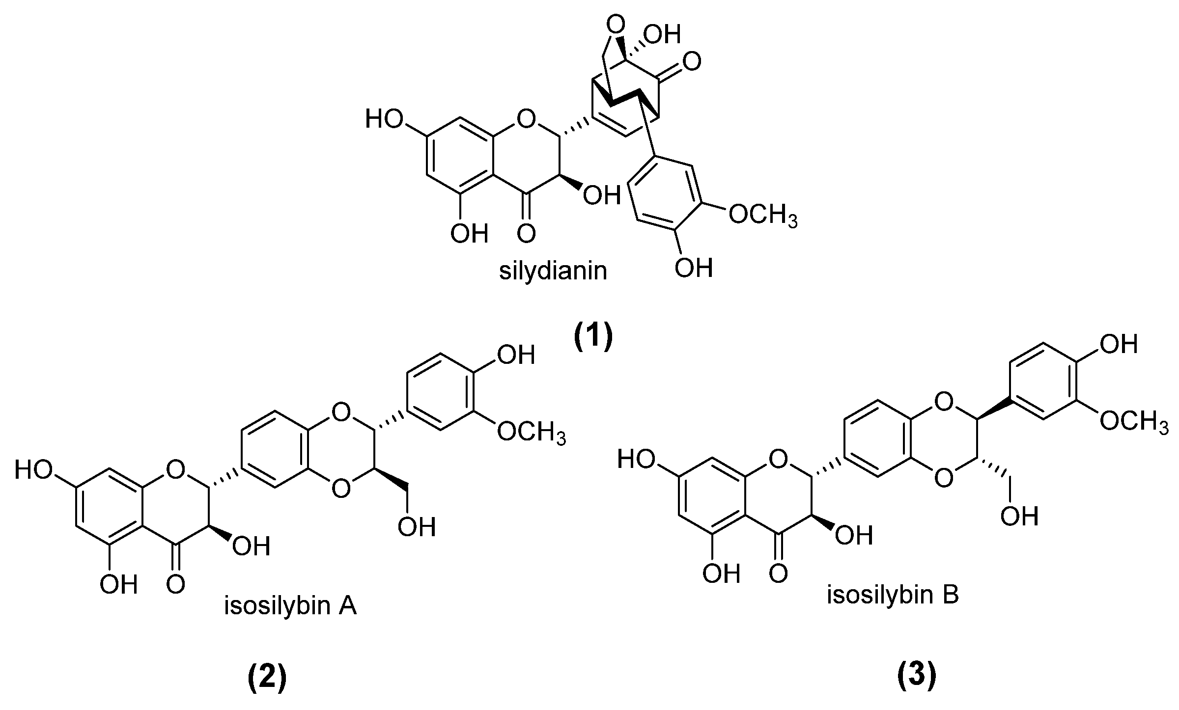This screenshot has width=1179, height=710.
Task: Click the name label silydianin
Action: pyautogui.click(x=553, y=271)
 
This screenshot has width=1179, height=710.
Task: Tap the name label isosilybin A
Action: pyautogui.click(x=290, y=606)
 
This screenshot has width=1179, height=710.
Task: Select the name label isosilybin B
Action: pyautogui.click(x=893, y=595)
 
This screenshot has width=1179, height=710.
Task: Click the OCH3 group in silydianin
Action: pyautogui.click(x=762, y=215)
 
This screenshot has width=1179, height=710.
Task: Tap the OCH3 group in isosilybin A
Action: pyautogui.click(x=532, y=433)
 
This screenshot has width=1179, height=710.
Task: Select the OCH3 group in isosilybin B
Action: pyautogui.click(x=1133, y=421)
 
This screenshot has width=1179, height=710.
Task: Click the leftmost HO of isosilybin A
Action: pyautogui.click(x=34, y=470)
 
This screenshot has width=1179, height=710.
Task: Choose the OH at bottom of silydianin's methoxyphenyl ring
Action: pyautogui.click(x=693, y=268)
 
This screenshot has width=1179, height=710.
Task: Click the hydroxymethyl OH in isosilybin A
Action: pyautogui.click(x=417, y=527)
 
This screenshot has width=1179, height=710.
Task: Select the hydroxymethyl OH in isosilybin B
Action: pyautogui.click(x=1019, y=516)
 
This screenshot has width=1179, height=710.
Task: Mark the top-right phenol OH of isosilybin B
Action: pyautogui.click(x=1119, y=344)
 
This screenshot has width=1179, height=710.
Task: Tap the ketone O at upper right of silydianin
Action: pyautogui.click(x=691, y=63)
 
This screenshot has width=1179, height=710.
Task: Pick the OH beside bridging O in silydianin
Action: pyautogui.click(x=664, y=34)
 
